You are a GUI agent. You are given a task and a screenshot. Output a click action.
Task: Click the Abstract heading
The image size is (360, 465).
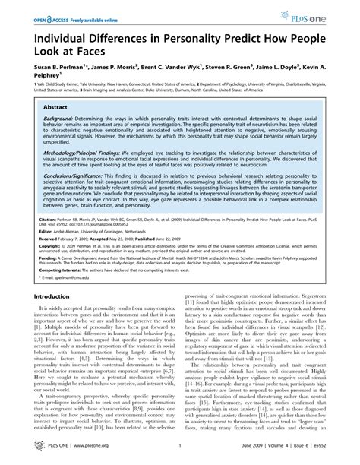(x=53, y=109)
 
